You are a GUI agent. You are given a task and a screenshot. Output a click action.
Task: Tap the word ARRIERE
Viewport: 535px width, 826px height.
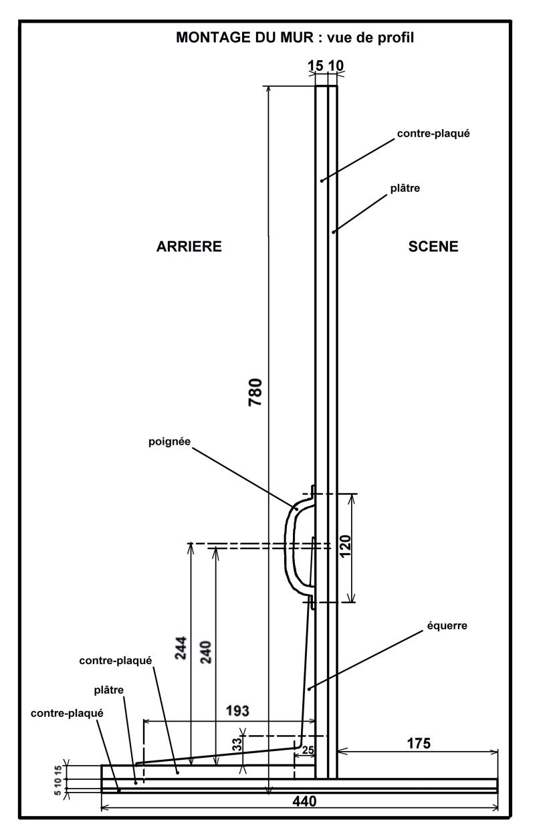coord(189,247)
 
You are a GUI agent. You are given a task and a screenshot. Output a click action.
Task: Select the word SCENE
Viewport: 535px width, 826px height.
coord(433,247)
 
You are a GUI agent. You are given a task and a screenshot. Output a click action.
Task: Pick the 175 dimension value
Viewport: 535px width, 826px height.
coord(418,742)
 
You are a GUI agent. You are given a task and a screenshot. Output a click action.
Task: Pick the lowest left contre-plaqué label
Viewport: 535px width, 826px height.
coord(67,714)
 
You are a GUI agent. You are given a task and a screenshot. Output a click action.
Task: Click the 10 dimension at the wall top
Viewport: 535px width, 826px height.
coord(336,66)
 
